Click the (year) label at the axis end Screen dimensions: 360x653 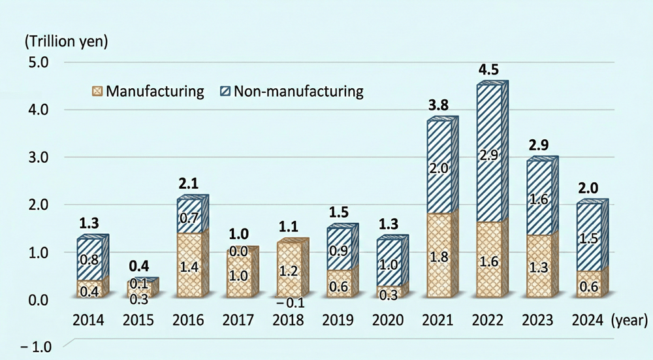coord(629,321)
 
